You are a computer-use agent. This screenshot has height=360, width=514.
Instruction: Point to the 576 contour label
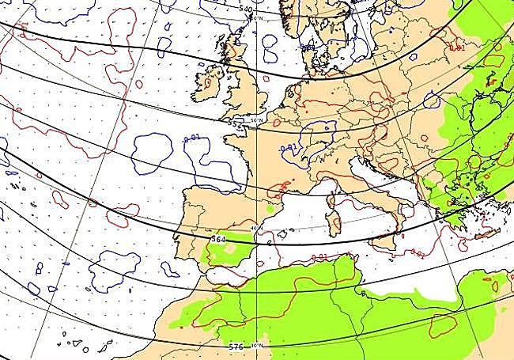click(x=236, y=347)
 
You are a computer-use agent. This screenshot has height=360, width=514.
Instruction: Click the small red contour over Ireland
click(x=209, y=81)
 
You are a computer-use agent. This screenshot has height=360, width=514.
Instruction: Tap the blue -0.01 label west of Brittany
click(x=191, y=140)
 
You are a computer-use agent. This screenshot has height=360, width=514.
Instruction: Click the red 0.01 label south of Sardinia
click(x=319, y=257)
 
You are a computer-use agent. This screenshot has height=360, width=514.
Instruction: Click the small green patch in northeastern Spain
click(x=271, y=210)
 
